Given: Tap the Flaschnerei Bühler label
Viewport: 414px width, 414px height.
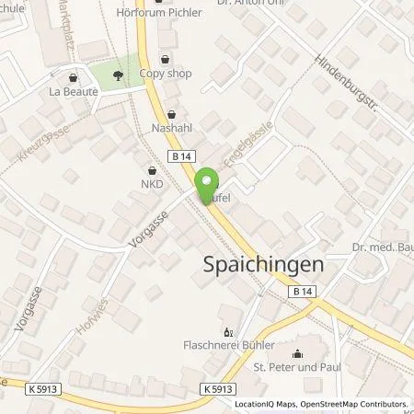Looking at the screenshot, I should click(228, 348).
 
